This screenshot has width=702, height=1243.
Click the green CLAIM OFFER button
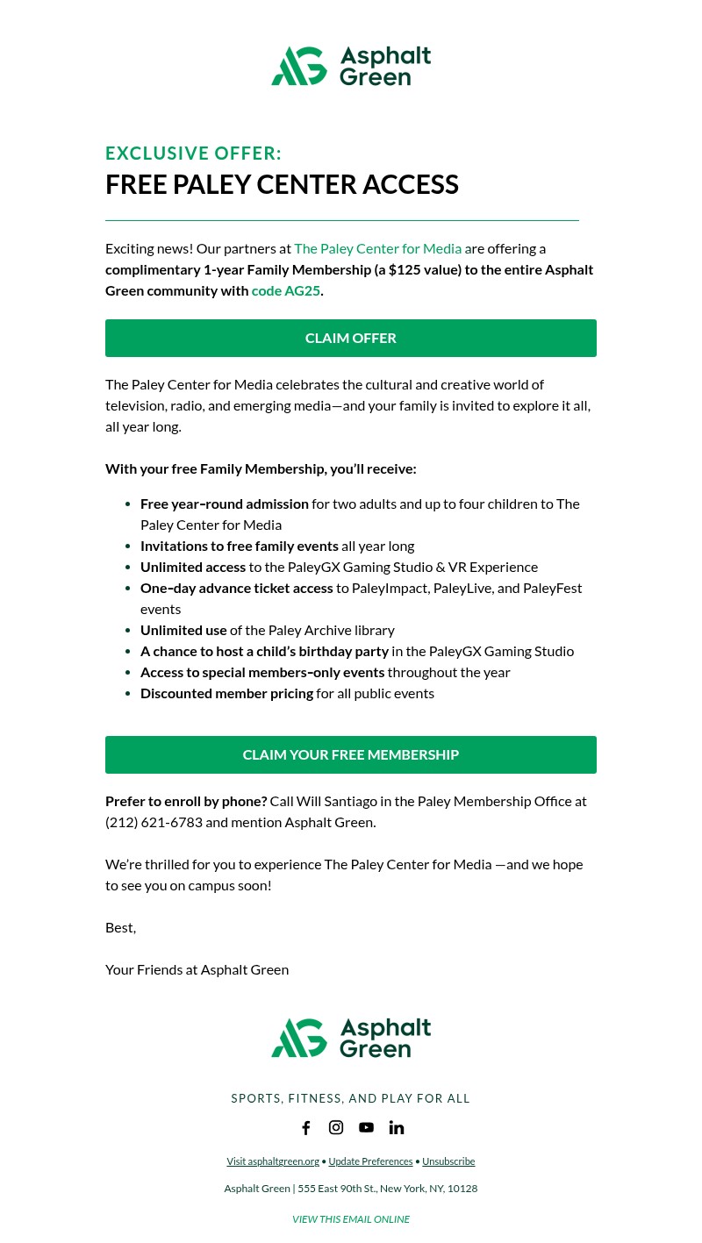click(x=351, y=338)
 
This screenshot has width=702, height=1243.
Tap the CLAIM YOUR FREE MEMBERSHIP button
click(x=351, y=754)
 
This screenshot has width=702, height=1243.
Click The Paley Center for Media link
click(x=377, y=248)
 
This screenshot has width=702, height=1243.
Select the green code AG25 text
click(x=286, y=290)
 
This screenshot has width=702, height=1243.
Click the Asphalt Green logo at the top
click(x=351, y=66)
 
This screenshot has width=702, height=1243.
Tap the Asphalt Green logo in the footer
click(x=351, y=1038)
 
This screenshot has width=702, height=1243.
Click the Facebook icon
click(x=306, y=1127)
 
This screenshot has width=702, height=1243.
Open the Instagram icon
click(x=336, y=1127)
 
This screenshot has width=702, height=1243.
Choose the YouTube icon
click(x=366, y=1127)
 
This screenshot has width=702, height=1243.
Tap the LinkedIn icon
click(x=397, y=1127)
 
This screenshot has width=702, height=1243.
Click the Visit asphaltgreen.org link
click(x=273, y=1161)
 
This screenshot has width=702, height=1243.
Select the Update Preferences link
click(x=370, y=1161)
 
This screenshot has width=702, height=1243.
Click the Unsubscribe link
click(x=448, y=1161)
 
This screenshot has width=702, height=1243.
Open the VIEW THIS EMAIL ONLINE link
click(x=351, y=1219)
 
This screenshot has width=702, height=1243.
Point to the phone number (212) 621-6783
click(x=154, y=822)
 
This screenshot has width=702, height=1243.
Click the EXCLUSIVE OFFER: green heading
click(x=193, y=154)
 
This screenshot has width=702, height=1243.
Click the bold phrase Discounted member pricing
click(x=226, y=693)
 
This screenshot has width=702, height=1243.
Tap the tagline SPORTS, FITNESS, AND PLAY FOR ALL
click(x=351, y=1098)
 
